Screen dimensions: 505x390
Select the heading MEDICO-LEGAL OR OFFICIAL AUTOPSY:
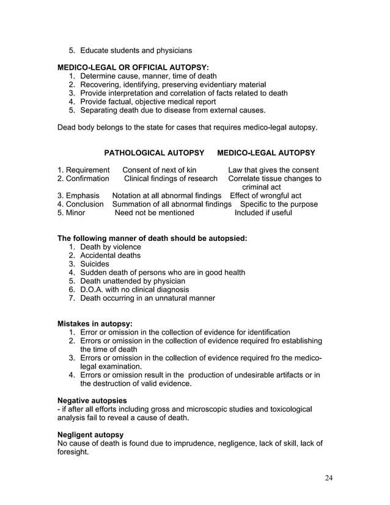tap(133, 66)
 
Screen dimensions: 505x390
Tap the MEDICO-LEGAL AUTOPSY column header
tap(266, 152)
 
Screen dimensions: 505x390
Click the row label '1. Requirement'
tap(84, 170)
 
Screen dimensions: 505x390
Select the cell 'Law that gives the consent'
tap(273, 170)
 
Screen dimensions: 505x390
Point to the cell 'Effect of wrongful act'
tap(265, 196)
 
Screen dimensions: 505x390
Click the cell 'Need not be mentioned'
tap(155, 213)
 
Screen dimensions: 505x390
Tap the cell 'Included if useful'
tap(263, 213)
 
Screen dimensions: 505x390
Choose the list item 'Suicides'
tap(95, 264)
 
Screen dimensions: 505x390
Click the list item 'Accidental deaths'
tap(111, 256)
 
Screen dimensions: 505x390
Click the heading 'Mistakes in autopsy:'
tap(95, 323)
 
